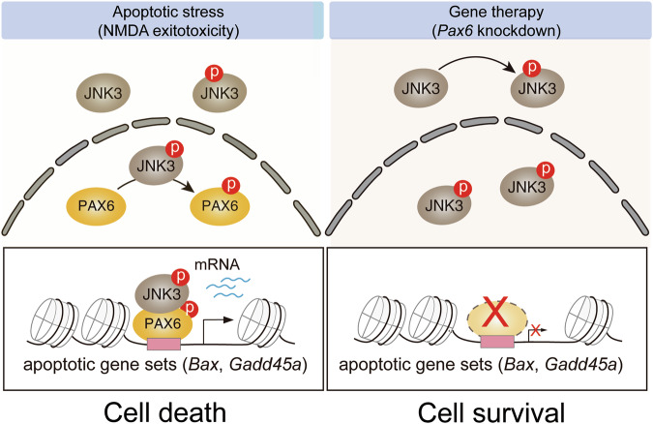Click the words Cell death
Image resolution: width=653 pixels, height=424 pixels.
click(164, 412)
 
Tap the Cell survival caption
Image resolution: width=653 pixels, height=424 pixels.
click(491, 412)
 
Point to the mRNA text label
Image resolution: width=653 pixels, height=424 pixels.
click(217, 264)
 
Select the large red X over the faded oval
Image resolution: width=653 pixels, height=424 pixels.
click(494, 312)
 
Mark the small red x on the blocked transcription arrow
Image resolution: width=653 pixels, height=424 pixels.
click(536, 331)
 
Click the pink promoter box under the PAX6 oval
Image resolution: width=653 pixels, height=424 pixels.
click(164, 344)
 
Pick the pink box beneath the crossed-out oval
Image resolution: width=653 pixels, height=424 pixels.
click(497, 342)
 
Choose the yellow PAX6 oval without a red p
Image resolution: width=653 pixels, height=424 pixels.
click(97, 205)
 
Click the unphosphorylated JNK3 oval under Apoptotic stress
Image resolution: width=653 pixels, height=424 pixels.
click(103, 93)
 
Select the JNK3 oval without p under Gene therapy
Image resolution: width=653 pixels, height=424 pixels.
click(421, 88)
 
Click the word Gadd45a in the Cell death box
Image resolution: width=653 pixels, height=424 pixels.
click(265, 365)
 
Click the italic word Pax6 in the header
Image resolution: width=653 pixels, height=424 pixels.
click(452, 30)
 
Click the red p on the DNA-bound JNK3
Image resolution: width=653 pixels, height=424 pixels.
click(180, 277)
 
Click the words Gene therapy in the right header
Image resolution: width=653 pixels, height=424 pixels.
click(496, 12)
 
